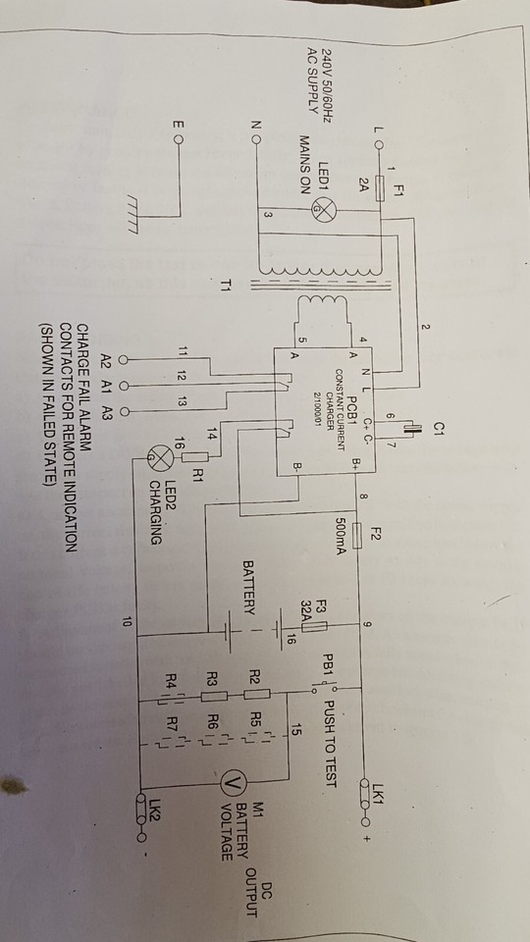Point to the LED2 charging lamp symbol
click(x=155, y=455)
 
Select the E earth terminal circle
click(x=178, y=138)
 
